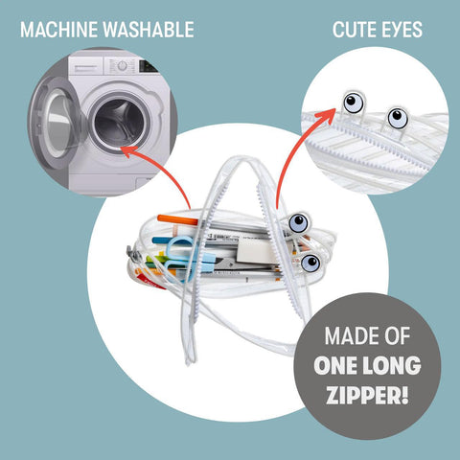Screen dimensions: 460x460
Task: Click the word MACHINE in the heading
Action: [x=58, y=30]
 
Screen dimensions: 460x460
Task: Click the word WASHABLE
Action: [x=149, y=30]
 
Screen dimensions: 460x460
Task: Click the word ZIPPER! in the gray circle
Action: [x=367, y=395]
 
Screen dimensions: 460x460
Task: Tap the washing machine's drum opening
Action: [x=120, y=123]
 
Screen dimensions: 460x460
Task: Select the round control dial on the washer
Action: [x=122, y=66]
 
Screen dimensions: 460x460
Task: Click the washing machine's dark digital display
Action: [x=148, y=66]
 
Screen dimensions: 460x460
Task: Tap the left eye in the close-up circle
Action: [x=354, y=103]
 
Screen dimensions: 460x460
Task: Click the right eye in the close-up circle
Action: [x=398, y=119]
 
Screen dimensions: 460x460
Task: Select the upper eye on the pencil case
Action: [x=299, y=222]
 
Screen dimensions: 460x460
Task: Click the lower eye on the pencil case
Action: [x=310, y=263]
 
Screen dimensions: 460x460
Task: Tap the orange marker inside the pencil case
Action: [x=177, y=219]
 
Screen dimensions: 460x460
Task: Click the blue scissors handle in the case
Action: [x=179, y=256]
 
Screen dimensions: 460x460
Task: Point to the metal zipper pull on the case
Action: [x=134, y=255]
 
